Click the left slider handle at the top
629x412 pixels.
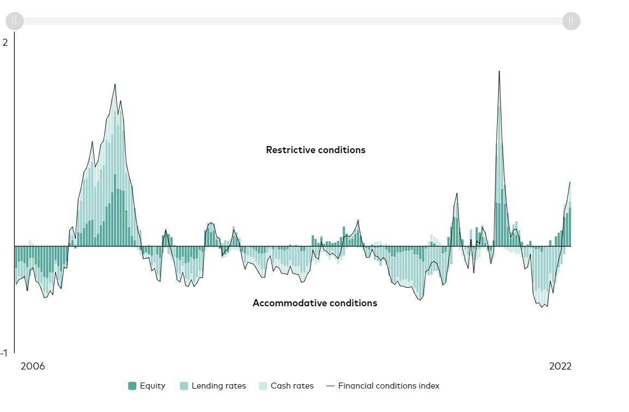click(x=15, y=21)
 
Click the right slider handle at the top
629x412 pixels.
click(x=571, y=21)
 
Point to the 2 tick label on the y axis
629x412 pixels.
click(x=5, y=43)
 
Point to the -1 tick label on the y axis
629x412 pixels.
click(x=5, y=353)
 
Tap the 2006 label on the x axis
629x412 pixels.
click(x=33, y=366)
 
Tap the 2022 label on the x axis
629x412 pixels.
click(x=560, y=366)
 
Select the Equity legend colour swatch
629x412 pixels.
click(x=132, y=386)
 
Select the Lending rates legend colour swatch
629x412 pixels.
click(x=184, y=386)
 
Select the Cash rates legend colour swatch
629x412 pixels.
click(x=263, y=386)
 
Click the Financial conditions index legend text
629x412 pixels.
click(x=389, y=386)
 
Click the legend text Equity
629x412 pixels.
click(x=153, y=386)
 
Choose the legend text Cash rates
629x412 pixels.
click(x=292, y=386)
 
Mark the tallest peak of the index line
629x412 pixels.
click(x=499, y=71)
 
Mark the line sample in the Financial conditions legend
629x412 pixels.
click(x=330, y=386)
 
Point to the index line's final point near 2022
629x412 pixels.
click(x=570, y=183)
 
